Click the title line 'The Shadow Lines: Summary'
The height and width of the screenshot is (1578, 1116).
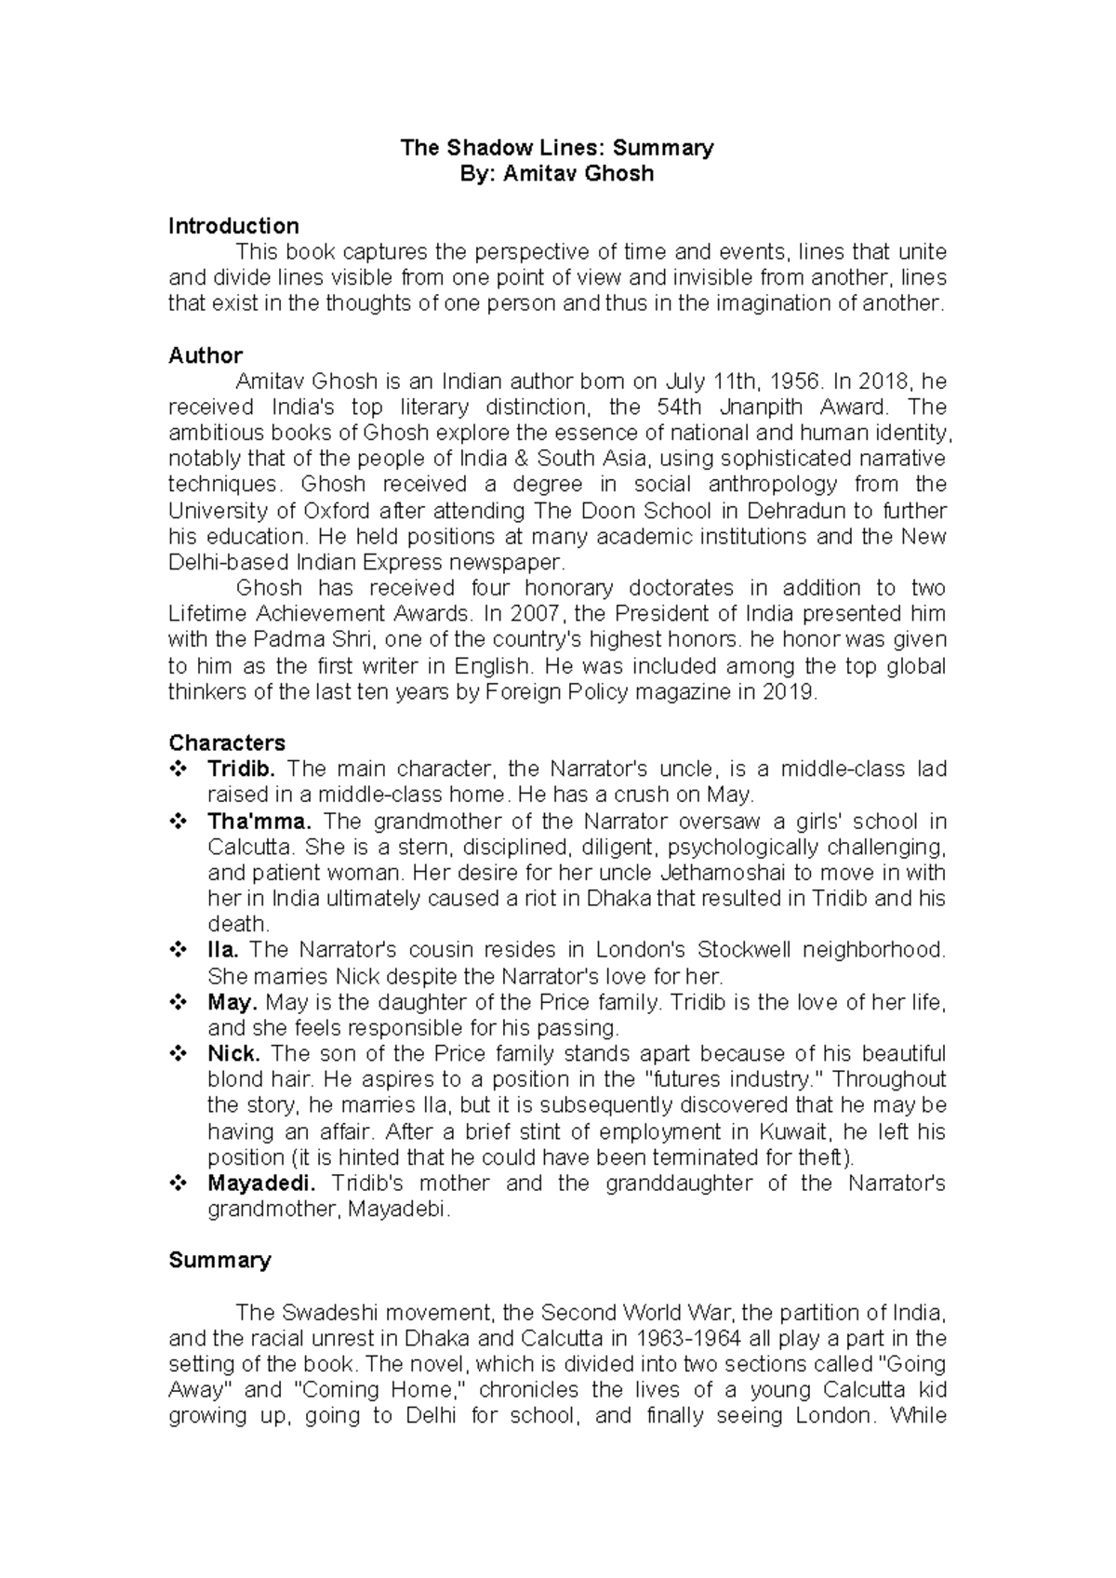point(556,147)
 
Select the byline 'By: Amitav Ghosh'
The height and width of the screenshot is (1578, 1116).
point(556,173)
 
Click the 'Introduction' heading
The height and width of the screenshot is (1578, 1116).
point(233,226)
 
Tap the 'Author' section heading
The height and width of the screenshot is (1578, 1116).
point(205,355)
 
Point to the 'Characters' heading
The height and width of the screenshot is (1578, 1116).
point(227,742)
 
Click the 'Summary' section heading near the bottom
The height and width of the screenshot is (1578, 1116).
point(219,1260)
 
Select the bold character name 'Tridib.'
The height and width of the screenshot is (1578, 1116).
point(242,769)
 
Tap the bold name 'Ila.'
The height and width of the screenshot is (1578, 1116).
point(223,950)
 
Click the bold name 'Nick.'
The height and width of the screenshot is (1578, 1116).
point(233,1053)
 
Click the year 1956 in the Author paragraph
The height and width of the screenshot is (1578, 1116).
point(795,381)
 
